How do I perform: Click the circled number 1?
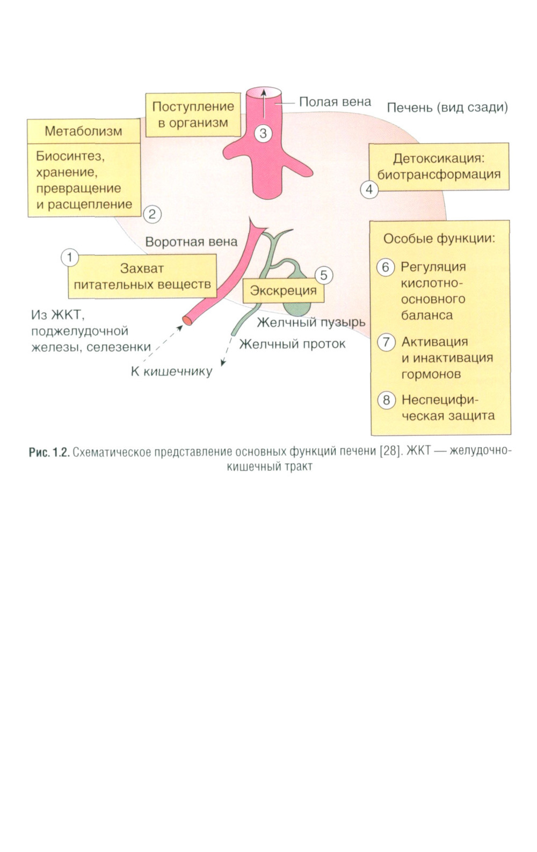[x=70, y=258]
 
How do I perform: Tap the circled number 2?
[x=152, y=214]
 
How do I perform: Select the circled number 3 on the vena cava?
[x=263, y=133]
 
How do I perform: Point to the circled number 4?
[x=369, y=190]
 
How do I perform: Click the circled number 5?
[x=323, y=275]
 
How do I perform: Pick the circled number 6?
[x=386, y=267]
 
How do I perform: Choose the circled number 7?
[x=386, y=342]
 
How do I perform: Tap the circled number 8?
[x=386, y=400]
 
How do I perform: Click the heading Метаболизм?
[x=83, y=131]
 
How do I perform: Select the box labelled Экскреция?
[x=284, y=291]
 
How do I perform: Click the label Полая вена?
[x=335, y=102]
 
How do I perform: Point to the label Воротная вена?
[x=191, y=242]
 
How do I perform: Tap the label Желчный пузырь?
[x=311, y=322]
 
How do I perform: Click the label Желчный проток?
[x=292, y=344]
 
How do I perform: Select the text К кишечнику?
[x=171, y=371]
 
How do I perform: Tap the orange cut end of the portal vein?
[x=187, y=321]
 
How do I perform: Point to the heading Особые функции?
[x=439, y=238]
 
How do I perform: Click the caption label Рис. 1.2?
[x=49, y=452]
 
